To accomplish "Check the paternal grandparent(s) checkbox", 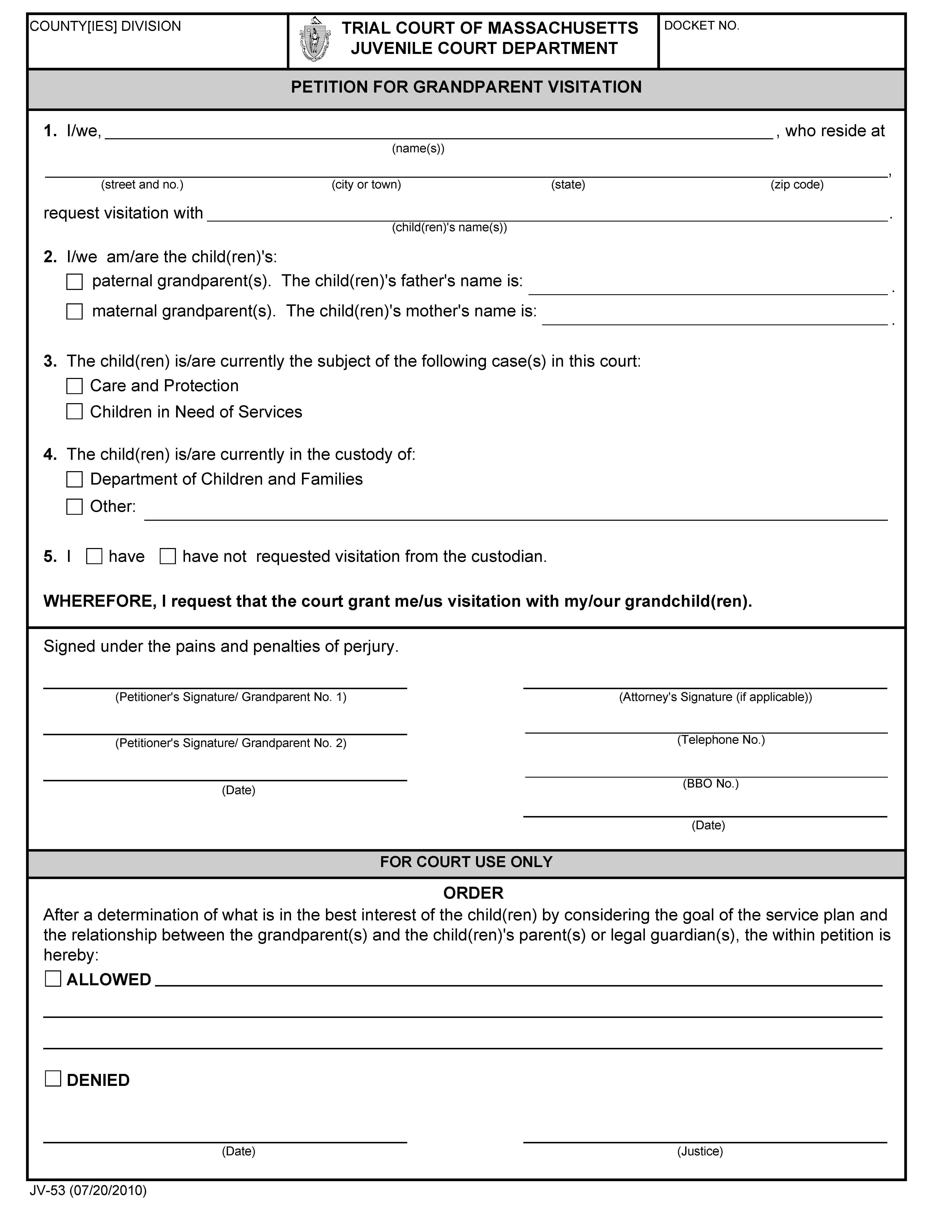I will (x=75, y=282).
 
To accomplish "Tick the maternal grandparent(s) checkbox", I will (x=75, y=312).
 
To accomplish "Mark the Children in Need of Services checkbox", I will (x=75, y=412).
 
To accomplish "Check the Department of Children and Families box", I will (x=75, y=479).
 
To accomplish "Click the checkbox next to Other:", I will (x=75, y=507).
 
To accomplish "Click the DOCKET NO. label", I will (x=701, y=26).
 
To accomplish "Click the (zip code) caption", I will (x=796, y=185).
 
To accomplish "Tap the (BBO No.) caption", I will (x=710, y=784).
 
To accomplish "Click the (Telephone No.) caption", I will (x=721, y=740).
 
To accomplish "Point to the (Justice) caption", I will (x=700, y=1151).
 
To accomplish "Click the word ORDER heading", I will (x=473, y=893).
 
